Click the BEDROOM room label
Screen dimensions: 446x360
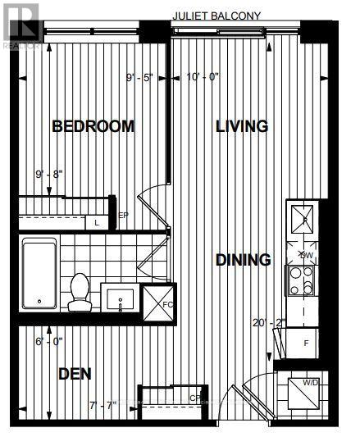coord(93,126)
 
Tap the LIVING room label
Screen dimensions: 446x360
coord(242,126)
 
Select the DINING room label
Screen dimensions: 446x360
coord(243,261)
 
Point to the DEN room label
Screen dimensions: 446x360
coord(75,374)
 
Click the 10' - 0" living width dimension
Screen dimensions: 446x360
coord(202,79)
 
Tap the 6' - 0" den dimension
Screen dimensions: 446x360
coord(49,344)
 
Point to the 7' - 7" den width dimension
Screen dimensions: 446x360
coord(104,404)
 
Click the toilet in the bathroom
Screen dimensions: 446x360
coord(80,292)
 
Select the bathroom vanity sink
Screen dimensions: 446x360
coord(121,297)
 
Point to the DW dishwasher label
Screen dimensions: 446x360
coord(306,254)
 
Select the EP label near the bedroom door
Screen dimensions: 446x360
coord(124,216)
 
